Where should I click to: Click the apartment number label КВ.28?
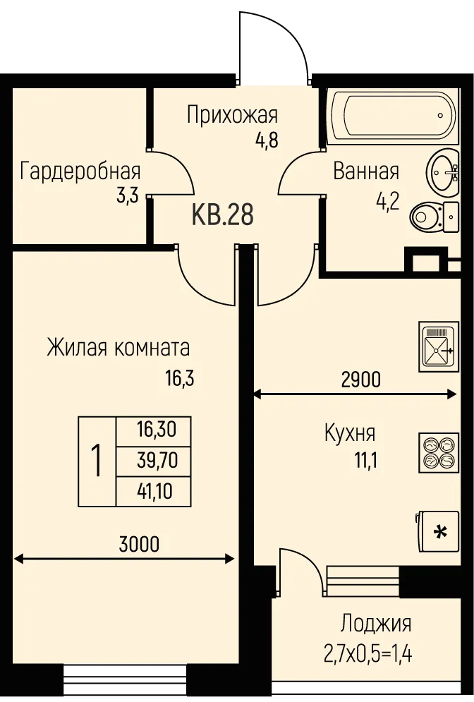coord(222,214)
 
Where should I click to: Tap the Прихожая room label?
coord(232,114)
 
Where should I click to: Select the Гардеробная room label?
coord(80,171)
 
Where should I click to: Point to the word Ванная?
coord(366,171)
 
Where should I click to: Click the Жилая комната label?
coord(119,348)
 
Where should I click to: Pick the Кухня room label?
coord(350,433)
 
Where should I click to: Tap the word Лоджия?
coord(376,624)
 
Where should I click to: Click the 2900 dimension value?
coord(360,380)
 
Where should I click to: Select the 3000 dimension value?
coord(139,545)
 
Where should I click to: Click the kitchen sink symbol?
coord(439,346)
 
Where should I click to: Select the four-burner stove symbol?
coord(439,452)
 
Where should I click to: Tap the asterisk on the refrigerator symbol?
coord(441,532)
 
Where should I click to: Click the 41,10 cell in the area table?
coord(154,492)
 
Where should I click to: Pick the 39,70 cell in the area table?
coord(154,461)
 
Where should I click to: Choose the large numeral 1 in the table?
coord(97,461)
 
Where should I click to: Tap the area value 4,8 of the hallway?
coord(267,140)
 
